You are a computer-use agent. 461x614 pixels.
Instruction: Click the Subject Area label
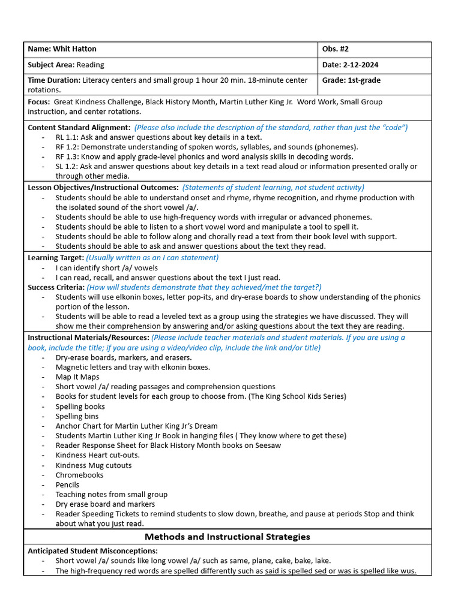pos(50,65)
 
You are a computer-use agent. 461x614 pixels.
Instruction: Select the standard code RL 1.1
pos(67,137)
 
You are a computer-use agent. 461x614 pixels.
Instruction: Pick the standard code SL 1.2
pos(66,166)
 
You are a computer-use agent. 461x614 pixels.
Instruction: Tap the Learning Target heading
pos(56,258)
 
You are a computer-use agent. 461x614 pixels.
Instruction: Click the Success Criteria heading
pos(58,287)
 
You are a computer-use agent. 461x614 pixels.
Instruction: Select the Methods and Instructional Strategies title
pos(227,537)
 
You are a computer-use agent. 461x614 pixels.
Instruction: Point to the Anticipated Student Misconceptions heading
pos(93,550)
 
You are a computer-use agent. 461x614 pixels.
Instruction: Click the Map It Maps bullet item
pos(77,377)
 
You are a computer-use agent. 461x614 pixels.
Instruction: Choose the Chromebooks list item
pos(79,475)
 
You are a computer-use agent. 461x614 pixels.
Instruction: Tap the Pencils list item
pos(69,484)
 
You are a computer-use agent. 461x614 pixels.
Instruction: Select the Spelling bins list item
pos(77,416)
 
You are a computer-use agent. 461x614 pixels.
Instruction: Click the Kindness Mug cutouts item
pos(94,465)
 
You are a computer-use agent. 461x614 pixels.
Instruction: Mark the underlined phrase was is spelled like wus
pos(376,571)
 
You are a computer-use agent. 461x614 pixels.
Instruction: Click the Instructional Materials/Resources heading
pos(88,338)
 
